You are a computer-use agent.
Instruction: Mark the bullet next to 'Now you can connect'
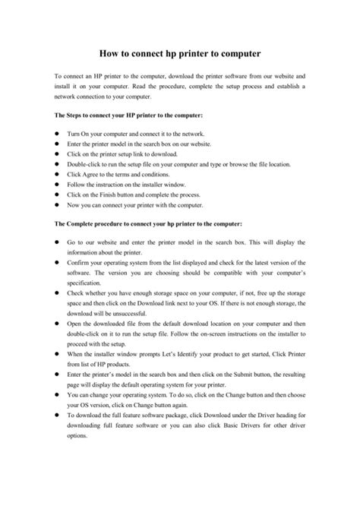click(57, 205)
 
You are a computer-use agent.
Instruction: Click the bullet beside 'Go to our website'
click(57, 242)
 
